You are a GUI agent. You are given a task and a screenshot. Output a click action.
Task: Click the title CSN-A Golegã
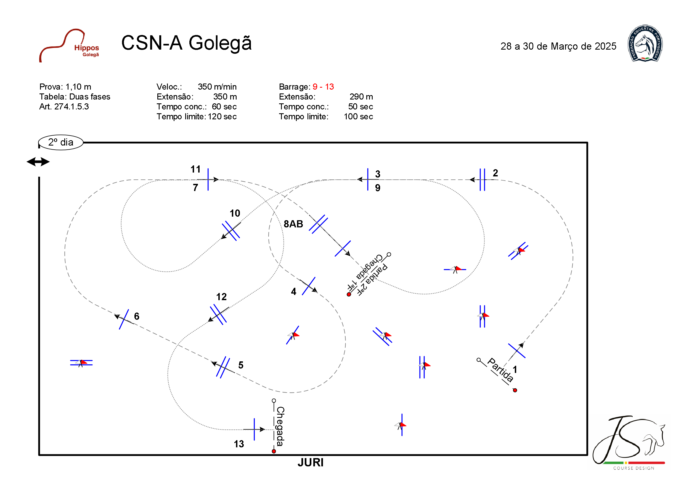point(186,43)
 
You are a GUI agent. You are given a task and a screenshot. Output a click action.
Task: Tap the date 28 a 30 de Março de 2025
point(558,46)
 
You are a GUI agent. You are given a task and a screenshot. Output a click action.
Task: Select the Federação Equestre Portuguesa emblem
point(645,43)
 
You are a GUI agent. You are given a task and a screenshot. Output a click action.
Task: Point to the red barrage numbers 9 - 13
point(323,87)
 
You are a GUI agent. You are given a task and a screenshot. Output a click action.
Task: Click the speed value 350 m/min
point(217,87)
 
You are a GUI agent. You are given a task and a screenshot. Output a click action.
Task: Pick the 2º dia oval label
point(61,142)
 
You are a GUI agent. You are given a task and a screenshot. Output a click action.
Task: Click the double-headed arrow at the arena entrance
point(38,162)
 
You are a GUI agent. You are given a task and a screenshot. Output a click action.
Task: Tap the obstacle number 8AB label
point(293,224)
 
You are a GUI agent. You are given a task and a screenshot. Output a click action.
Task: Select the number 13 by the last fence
point(238,444)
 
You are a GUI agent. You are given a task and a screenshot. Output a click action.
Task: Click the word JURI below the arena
point(310,462)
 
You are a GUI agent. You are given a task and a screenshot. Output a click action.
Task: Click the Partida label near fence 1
point(500,370)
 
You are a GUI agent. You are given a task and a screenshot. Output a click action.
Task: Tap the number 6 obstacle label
point(137,316)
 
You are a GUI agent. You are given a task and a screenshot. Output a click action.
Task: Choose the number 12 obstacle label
point(221,297)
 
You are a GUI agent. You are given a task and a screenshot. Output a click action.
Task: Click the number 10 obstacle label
point(235,213)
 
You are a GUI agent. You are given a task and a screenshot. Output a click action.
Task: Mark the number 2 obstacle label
point(495,173)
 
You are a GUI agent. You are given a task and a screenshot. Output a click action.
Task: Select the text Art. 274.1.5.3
point(64,106)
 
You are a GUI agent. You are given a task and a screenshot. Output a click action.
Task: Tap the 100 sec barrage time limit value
point(358,116)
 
